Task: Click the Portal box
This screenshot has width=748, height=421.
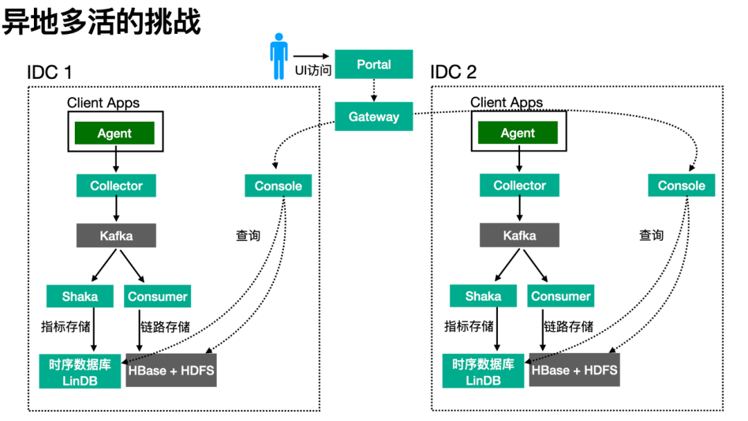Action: tap(373, 64)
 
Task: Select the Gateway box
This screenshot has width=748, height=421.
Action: tap(373, 116)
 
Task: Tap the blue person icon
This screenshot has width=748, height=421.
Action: tap(278, 56)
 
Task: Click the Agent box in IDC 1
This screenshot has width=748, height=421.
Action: tap(114, 133)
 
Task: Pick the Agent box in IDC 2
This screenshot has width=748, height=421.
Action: tap(517, 132)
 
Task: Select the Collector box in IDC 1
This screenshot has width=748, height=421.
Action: tap(116, 186)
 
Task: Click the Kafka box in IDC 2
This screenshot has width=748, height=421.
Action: tap(519, 235)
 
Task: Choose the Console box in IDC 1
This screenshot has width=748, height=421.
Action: tap(278, 186)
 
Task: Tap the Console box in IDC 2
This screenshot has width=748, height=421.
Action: tap(682, 185)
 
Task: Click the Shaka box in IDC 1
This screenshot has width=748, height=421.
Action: tap(80, 296)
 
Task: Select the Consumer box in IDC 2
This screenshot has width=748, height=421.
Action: tap(560, 296)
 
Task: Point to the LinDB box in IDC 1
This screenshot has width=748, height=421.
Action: tap(80, 371)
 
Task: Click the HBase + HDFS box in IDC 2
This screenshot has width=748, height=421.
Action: tap(574, 370)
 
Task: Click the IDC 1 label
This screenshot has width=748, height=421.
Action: tap(49, 73)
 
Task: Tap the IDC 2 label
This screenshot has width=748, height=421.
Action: tap(453, 72)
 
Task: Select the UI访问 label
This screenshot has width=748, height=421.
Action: tap(313, 71)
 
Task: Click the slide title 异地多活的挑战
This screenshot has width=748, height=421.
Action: tap(101, 21)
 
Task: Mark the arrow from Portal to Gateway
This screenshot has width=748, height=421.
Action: tap(374, 90)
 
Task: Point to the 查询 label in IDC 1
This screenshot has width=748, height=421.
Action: tap(248, 235)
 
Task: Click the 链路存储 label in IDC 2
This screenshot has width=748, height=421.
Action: tap(569, 327)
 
